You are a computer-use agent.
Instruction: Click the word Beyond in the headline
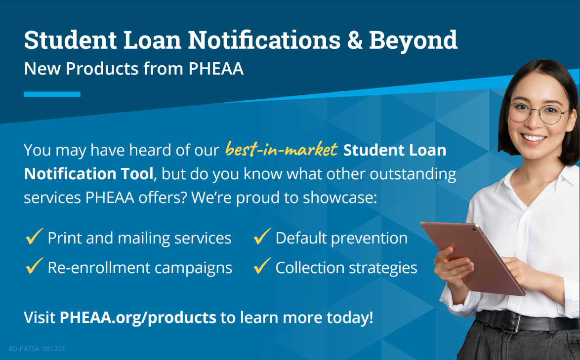coord(413,40)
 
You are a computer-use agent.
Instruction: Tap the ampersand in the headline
coord(355,40)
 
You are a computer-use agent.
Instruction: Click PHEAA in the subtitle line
coord(216,68)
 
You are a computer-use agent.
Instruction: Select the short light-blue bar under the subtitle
coord(52,94)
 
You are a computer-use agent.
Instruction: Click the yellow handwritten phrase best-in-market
coord(281,149)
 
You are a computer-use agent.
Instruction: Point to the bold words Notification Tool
coord(88,174)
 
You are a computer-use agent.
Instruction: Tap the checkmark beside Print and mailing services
coord(35,237)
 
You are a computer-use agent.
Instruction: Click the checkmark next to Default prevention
coord(262,237)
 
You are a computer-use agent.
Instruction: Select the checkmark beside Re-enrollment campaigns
coord(35,266)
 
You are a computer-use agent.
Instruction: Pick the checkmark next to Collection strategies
coord(262,266)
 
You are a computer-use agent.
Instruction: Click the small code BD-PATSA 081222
coord(37,349)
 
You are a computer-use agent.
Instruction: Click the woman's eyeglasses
coord(539,113)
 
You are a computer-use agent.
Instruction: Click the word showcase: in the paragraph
coord(340,198)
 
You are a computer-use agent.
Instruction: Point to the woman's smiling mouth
coord(534,138)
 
